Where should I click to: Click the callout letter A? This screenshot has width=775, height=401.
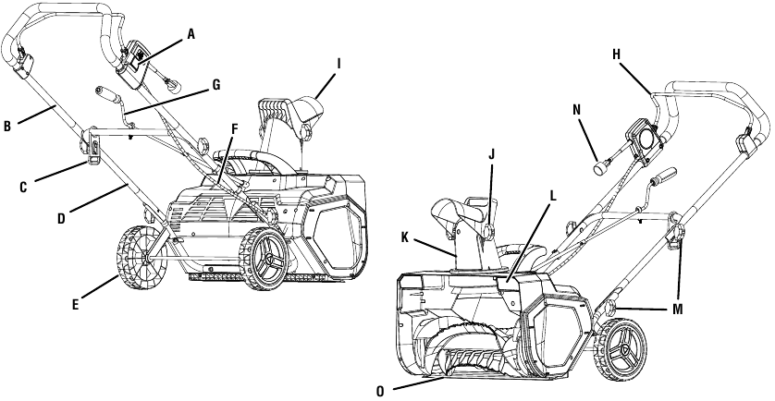tap(191, 34)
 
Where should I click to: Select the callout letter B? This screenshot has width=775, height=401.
tap(6, 127)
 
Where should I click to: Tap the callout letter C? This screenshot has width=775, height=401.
tap(23, 188)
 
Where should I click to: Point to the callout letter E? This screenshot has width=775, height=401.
tap(75, 305)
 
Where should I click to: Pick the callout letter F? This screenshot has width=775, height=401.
tap(235, 129)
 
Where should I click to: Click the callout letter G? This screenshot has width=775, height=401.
tap(216, 85)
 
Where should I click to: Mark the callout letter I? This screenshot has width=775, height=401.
tap(338, 64)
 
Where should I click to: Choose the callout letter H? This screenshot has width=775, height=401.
tap(616, 55)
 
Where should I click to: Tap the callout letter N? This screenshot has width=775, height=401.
tap(577, 110)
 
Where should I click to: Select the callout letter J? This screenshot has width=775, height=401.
tap(491, 155)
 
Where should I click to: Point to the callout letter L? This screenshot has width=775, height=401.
tap(553, 196)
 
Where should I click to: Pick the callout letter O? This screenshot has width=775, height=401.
tap(380, 391)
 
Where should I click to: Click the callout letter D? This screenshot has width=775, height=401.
tap(61, 218)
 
